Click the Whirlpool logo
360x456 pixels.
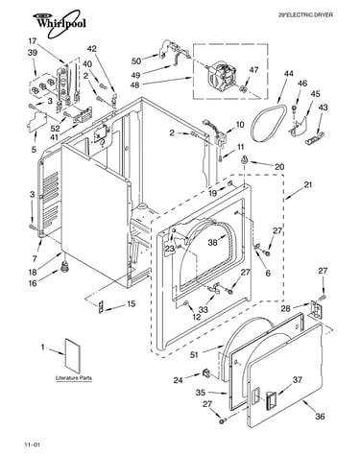click(x=60, y=22)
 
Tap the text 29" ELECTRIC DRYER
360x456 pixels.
click(x=305, y=14)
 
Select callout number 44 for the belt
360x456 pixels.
click(x=289, y=74)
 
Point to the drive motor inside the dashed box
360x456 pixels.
click(x=222, y=76)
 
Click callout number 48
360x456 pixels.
click(x=136, y=85)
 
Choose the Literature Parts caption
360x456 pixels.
click(x=74, y=378)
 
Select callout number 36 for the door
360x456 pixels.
click(x=320, y=416)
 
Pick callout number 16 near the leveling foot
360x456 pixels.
click(x=33, y=283)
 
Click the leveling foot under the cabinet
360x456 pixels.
click(x=65, y=266)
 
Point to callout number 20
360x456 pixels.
click(x=279, y=167)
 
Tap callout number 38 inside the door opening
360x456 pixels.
click(x=213, y=242)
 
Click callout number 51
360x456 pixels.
click(x=194, y=354)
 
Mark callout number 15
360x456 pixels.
click(x=131, y=303)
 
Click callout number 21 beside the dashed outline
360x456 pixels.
click(x=307, y=184)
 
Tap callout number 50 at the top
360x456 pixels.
click(x=136, y=60)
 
